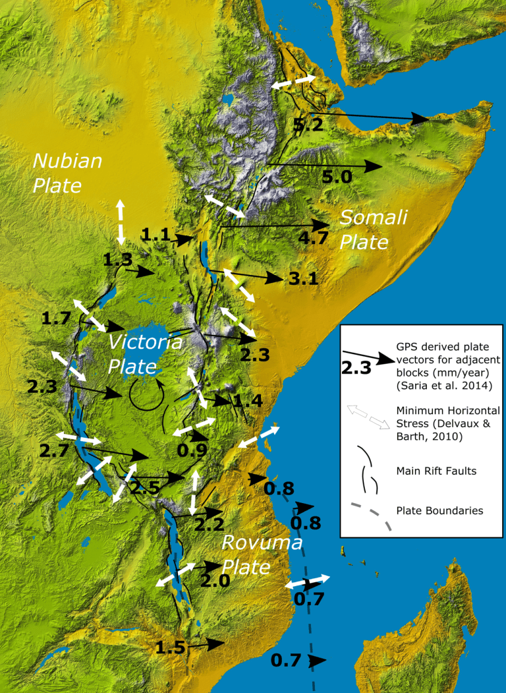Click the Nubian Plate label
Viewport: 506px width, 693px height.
click(67, 173)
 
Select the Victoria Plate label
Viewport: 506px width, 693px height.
click(145, 353)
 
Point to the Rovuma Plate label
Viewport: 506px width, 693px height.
click(262, 555)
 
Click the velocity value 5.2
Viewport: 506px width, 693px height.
click(308, 124)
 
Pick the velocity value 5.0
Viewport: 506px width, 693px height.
click(337, 176)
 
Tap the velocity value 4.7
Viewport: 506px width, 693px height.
click(313, 238)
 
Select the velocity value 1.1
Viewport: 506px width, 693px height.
click(156, 234)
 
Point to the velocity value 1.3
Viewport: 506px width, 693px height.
click(117, 260)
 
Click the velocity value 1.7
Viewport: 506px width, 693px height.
click(55, 319)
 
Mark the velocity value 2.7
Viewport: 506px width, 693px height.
click(54, 452)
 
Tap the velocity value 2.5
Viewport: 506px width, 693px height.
click(144, 488)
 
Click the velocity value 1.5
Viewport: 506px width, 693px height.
click(170, 648)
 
